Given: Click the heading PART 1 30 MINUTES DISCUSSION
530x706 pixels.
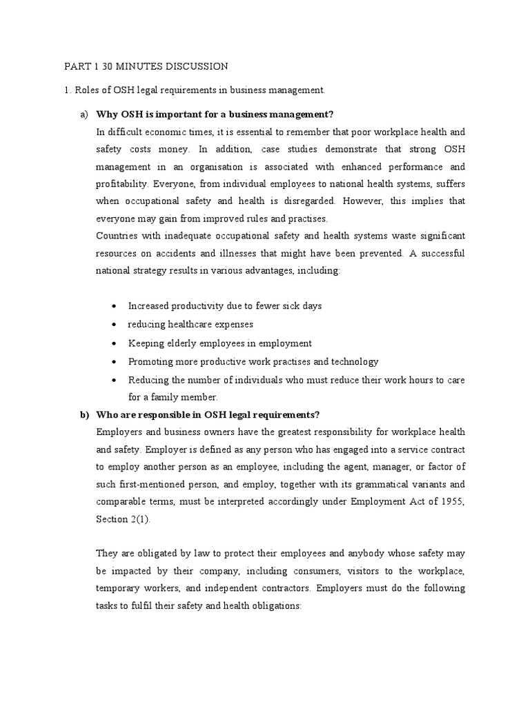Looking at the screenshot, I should [146, 67].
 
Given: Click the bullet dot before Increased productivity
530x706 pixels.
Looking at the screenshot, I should [114, 306].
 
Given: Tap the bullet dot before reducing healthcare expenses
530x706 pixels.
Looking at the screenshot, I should [114, 325].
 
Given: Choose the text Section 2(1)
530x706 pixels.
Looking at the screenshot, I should [121, 519].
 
